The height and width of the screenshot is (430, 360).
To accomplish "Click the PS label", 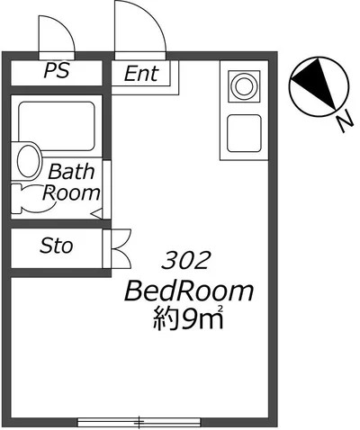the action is (57, 70).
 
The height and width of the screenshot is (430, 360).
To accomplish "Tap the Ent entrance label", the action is (141, 74).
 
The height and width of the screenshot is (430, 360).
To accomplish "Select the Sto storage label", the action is (57, 246).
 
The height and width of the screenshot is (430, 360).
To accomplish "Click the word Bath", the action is (71, 172).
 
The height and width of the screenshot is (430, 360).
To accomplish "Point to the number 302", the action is (184, 260).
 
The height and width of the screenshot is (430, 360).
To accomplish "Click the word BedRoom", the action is (189, 291).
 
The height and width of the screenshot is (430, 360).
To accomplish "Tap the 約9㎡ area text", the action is (188, 318).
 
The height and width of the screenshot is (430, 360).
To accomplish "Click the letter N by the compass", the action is (344, 121).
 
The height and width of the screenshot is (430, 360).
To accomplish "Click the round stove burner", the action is (244, 86).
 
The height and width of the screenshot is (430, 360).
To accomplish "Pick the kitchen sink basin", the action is (244, 133).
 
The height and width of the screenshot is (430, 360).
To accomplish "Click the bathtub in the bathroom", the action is (57, 126).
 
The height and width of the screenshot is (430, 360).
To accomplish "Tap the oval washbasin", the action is (29, 161).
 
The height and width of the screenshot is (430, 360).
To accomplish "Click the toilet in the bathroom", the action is (34, 199).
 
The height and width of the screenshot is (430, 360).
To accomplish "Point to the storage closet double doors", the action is (121, 248).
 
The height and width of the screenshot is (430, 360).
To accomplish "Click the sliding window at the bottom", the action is (139, 422).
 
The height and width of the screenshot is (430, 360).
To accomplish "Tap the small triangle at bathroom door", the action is (97, 214).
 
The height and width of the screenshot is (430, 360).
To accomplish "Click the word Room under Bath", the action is (71, 193).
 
